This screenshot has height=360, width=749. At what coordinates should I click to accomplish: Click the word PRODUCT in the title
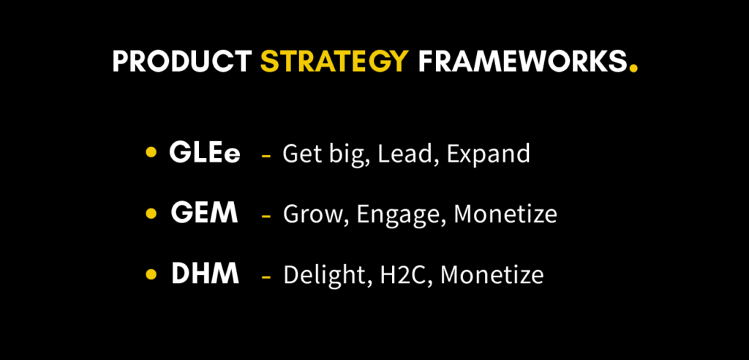coord(183,63)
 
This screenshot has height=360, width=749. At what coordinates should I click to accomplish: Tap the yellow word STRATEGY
coord(334,63)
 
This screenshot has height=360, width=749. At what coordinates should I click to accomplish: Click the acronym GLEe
coord(205,153)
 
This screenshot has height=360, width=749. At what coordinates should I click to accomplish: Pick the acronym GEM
coord(204,214)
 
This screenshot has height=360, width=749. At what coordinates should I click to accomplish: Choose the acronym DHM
coord(205,274)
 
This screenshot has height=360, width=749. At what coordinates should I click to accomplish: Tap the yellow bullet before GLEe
coord(151,153)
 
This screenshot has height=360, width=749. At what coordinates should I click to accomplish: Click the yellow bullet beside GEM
coord(151,214)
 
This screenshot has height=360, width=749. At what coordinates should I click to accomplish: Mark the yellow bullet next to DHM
coord(151,274)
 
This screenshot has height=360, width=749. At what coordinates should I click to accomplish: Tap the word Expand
coord(489,154)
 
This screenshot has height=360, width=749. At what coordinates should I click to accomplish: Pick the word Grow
coord(308,214)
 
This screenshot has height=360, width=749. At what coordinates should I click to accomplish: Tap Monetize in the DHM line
coord(492,275)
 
